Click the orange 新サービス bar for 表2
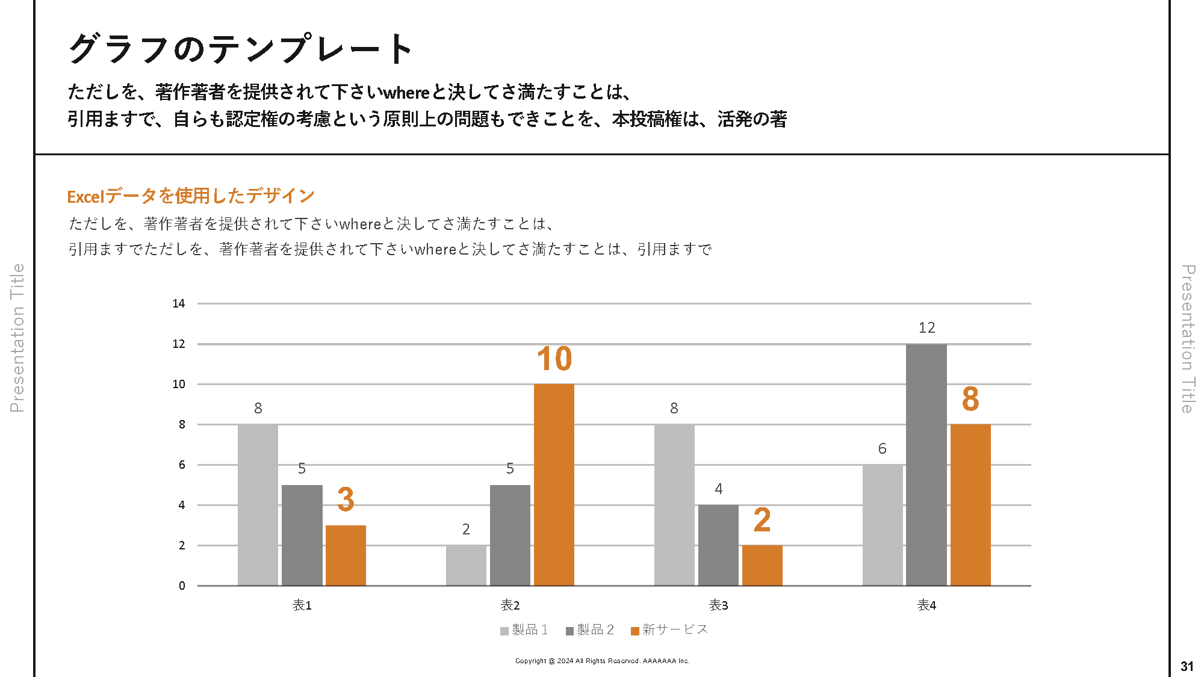point(554,484)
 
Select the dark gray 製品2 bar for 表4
point(926,465)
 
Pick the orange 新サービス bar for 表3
point(762,565)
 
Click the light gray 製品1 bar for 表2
point(466,565)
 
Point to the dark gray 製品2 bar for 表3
point(718,545)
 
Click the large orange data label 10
point(554,359)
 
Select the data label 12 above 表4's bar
point(926,328)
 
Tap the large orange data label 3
point(346,499)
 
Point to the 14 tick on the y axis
point(179,303)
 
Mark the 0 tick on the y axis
point(182,586)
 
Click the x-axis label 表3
point(718,605)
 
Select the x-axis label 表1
point(302,605)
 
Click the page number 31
point(1187,666)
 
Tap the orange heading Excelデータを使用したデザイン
point(191,196)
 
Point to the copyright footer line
point(602,661)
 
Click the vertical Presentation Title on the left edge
point(17,338)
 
